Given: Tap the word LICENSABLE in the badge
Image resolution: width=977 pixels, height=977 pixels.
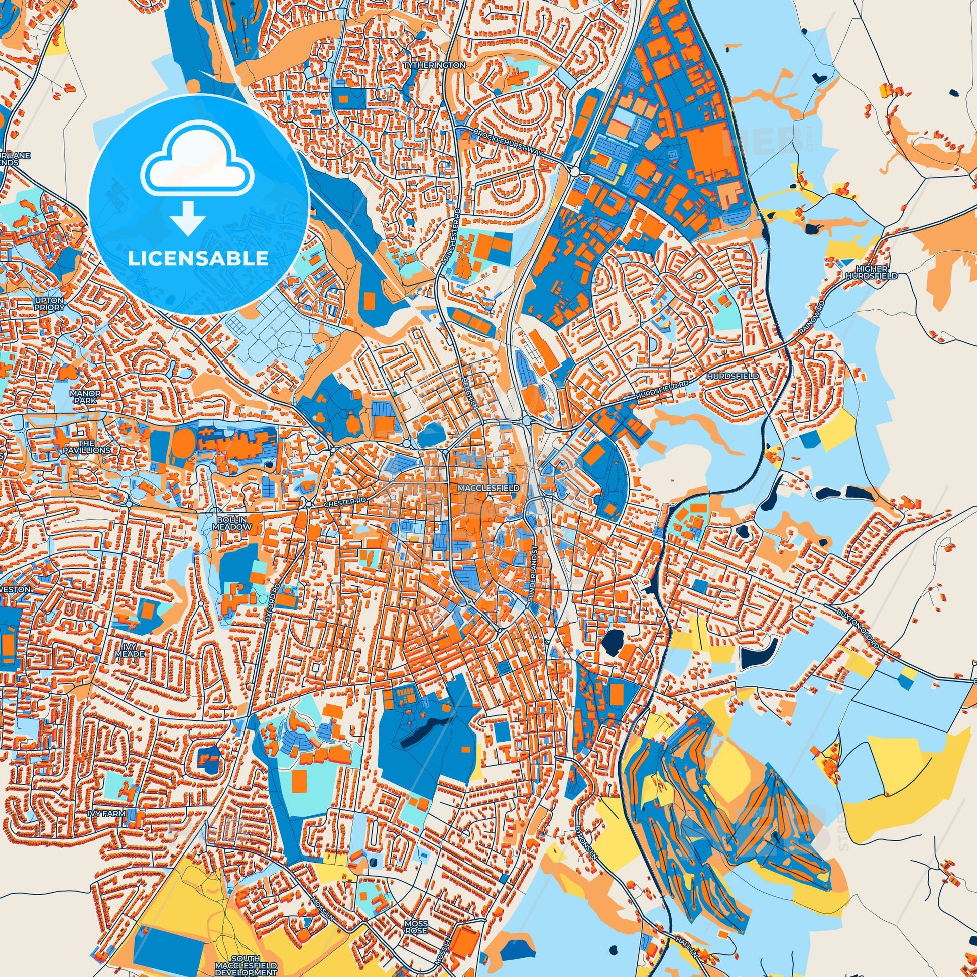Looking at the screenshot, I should point(198,259).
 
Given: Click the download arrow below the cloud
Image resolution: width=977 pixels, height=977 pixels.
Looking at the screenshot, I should point(187,218).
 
